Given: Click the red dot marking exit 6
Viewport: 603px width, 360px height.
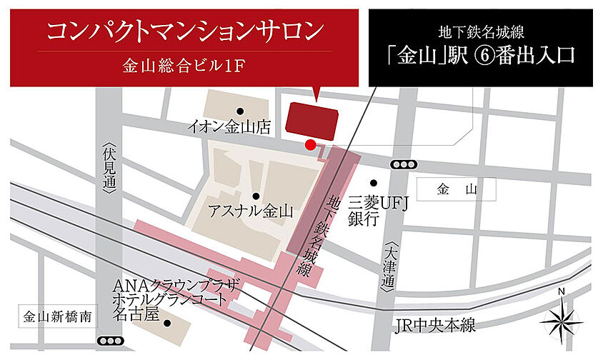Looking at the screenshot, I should pos(310,146).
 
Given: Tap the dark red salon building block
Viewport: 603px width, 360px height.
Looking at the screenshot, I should pos(311,120).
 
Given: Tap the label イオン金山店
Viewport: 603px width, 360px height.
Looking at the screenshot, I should pos(229,127).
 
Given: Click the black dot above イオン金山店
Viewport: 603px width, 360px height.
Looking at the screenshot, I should pos(240,111).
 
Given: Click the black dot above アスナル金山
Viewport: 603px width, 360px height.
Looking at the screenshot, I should pos(255,196).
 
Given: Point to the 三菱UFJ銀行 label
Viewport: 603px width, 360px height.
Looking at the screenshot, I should pos(377,211).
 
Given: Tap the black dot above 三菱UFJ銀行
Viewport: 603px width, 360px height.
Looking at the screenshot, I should pos(373,183).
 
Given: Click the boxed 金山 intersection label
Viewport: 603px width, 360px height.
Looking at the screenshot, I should pos(457,189).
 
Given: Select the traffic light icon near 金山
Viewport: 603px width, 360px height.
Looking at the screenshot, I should pos(403,164).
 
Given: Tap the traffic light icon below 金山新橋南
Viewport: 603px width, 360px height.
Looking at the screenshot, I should pos(110,341).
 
